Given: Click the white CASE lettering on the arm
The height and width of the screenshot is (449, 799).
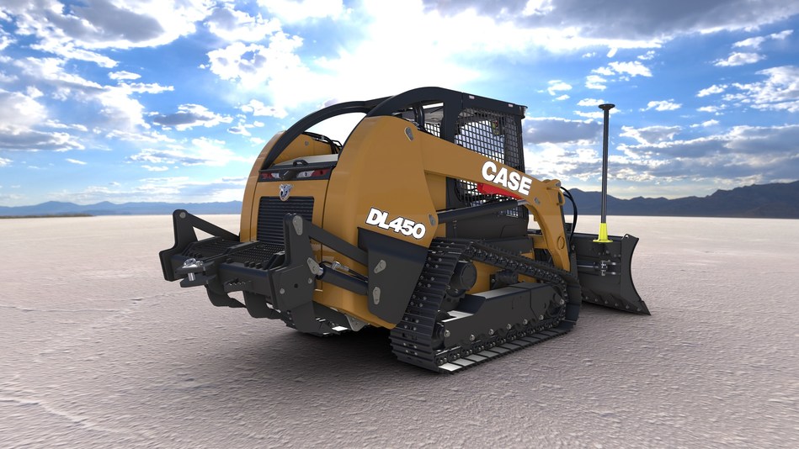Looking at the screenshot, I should pos(506,179).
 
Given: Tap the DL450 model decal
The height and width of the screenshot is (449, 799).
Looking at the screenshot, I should pos(395,223).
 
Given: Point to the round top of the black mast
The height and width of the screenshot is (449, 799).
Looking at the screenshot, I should pos(606,107).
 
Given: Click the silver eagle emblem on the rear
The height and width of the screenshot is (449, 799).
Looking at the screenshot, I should pos(285,191).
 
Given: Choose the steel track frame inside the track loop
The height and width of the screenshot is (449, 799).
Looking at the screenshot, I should pos(497,315).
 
